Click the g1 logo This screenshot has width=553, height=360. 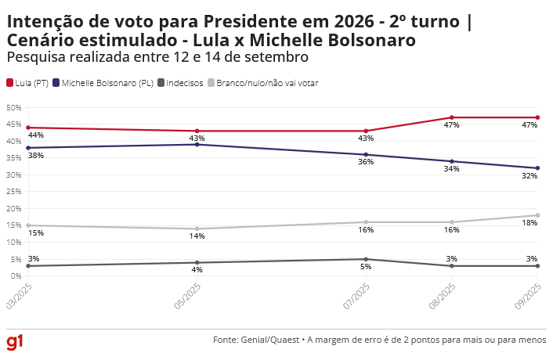point(15,342)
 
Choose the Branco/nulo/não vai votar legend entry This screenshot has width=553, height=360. point(262,83)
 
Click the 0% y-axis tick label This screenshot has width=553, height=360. point(15,275)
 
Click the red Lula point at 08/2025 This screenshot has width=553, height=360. point(452,117)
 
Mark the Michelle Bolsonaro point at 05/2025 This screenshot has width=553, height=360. point(197,144)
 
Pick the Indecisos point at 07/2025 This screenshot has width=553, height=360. point(367,259)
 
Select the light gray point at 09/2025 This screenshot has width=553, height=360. point(537,215)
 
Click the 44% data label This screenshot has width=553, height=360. point(35,135)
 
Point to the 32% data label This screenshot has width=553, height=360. point(530,176)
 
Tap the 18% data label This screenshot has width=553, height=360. point(530,223)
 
